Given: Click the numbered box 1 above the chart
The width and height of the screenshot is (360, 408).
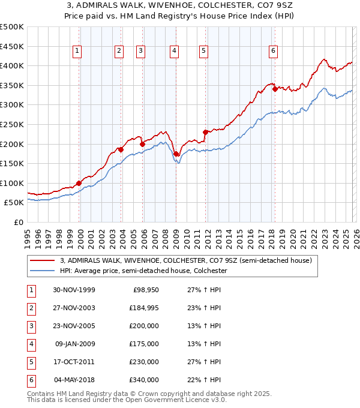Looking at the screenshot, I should [78, 52].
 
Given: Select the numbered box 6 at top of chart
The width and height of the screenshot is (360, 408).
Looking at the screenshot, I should [273, 52].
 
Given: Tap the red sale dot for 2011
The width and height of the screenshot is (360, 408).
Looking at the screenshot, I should [205, 132].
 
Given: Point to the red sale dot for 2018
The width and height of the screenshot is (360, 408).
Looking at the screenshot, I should [275, 89].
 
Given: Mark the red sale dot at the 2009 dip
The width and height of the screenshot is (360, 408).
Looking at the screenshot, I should [176, 154].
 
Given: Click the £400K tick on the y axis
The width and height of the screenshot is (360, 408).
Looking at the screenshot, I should [12, 65].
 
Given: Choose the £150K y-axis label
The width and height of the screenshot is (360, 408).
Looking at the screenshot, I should [12, 163].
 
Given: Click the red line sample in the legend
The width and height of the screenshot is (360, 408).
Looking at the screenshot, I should [42, 261].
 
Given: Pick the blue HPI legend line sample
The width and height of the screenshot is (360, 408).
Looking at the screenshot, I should [42, 271].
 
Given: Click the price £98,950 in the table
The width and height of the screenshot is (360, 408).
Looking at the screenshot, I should [145, 290].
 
